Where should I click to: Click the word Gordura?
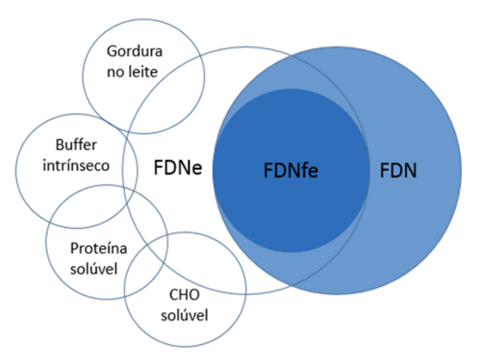coord(134,51)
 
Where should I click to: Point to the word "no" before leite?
coord(114,73)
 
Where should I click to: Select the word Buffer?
coord(76,145)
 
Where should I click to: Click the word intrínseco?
coord(76,165)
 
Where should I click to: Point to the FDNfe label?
coord(290,170)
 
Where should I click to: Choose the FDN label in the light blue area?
coord(398,170)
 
